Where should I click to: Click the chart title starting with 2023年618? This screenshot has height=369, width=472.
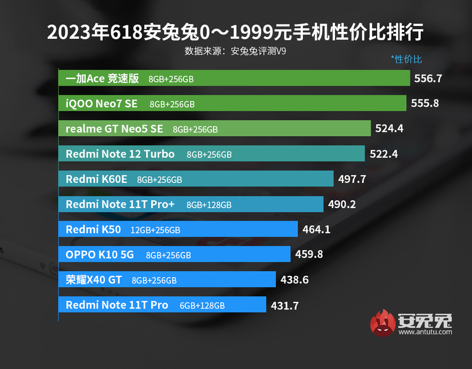(235, 32)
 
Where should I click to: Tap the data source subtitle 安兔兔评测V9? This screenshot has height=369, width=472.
(235, 51)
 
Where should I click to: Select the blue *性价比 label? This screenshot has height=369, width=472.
(407, 60)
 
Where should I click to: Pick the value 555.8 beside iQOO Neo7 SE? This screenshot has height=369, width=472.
(424, 103)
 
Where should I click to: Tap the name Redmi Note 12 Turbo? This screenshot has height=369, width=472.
(120, 154)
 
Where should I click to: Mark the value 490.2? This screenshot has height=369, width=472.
(342, 205)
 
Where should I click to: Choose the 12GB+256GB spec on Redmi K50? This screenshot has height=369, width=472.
(155, 230)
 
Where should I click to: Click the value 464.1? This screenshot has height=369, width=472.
(317, 230)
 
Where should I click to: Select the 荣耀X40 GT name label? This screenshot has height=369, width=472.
(94, 280)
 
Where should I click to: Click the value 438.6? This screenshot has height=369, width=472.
(294, 280)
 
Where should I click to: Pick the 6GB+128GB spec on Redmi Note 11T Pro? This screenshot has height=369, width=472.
(202, 306)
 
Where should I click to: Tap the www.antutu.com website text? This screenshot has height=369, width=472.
(425, 332)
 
